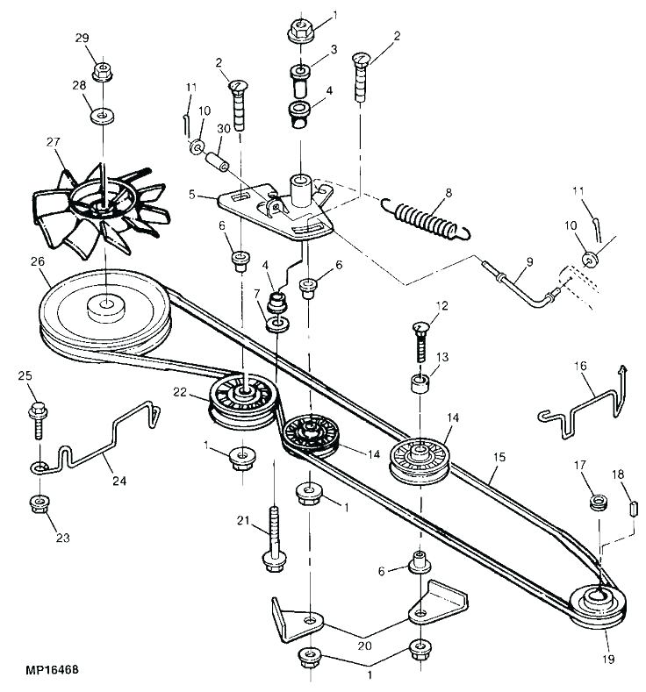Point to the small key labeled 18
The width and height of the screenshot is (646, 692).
pos(632,507)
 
